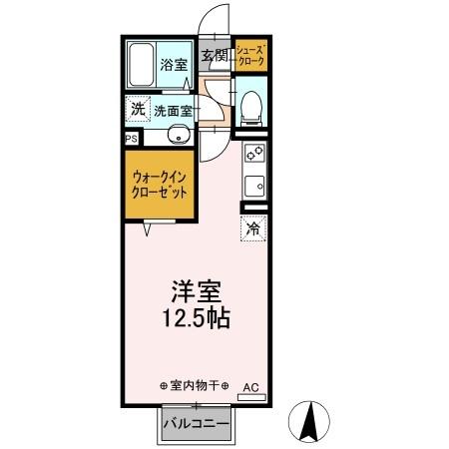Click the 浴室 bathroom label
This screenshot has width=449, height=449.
[174, 65]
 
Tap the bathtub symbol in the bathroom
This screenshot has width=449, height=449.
[141, 66]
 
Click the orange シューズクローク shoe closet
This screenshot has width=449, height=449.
[250, 55]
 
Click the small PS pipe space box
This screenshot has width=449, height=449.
[131, 139]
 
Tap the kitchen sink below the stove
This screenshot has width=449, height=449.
[253, 184]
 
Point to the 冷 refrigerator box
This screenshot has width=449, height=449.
[253, 228]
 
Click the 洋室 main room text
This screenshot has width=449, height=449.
[196, 292]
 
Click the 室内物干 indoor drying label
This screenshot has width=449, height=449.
[194, 385]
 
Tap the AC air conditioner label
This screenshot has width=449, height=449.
[251, 386]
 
